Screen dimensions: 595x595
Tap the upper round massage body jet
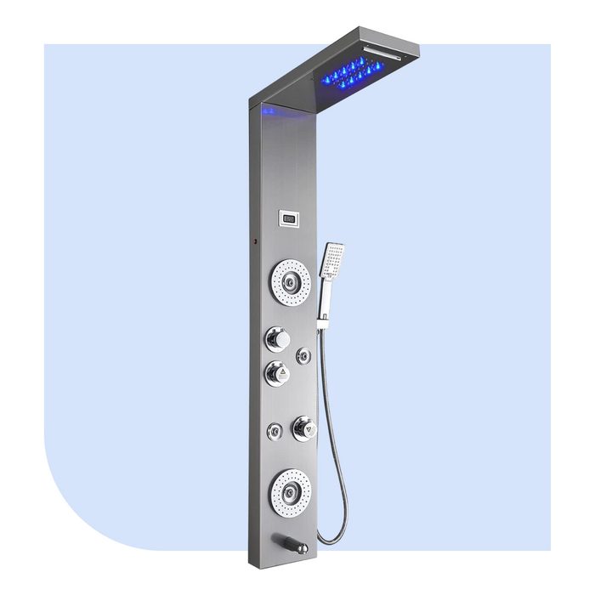(x=291, y=280)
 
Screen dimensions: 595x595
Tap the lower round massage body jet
(x=290, y=491)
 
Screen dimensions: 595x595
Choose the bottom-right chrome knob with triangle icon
(x=303, y=428)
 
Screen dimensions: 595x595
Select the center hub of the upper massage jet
(x=292, y=280)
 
